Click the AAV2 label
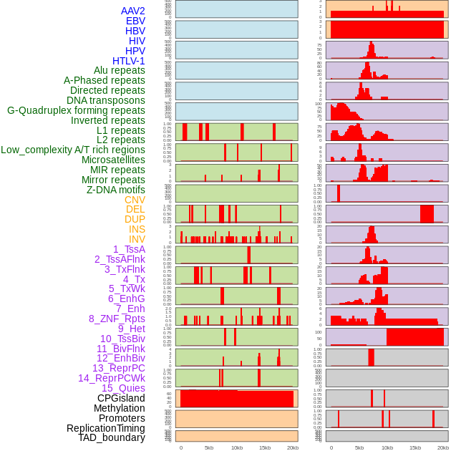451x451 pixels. point(133,11)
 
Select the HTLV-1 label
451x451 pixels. point(129,61)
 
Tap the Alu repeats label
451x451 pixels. point(120,70)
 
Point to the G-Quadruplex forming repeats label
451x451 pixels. point(76,110)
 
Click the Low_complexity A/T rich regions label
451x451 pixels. point(73,150)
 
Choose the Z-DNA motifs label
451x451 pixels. point(116,190)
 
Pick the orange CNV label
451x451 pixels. point(135,200)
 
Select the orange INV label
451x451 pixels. point(137,239)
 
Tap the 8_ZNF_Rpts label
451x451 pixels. point(117,319)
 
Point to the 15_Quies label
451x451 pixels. point(123,388)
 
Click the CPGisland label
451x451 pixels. point(121,398)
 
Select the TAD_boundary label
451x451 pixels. point(112,437)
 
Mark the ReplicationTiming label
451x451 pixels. point(106,428)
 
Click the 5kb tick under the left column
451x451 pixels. point(209,447)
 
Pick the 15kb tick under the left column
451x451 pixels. point(265,447)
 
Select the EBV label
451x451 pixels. point(135,21)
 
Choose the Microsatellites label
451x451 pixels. point(113,160)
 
